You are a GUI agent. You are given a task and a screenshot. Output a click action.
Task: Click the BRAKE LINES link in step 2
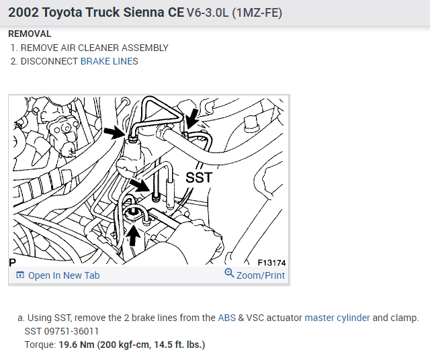click(109, 61)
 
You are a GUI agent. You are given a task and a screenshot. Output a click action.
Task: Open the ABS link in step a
click(227, 318)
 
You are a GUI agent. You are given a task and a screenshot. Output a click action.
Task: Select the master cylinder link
click(337, 318)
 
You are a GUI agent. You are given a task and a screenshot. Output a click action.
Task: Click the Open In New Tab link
click(64, 275)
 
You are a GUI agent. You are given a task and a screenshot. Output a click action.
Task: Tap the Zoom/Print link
click(261, 275)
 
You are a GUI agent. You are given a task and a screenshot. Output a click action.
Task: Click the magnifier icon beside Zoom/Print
click(229, 273)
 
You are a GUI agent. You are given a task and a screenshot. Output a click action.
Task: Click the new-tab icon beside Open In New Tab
click(20, 275)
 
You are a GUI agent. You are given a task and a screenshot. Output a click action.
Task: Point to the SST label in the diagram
click(199, 177)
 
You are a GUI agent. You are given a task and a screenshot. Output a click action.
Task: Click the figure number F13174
click(271, 263)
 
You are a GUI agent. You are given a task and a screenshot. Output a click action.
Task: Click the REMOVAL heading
click(30, 34)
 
